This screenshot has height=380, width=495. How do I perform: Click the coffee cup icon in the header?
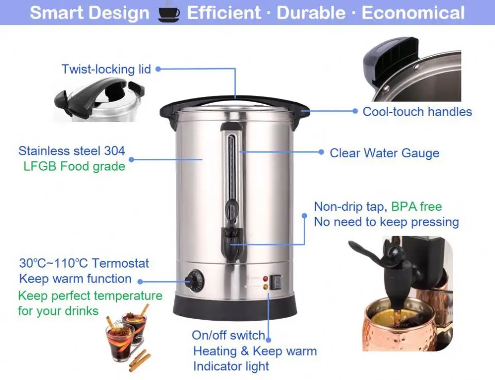pyautogui.click(x=168, y=13)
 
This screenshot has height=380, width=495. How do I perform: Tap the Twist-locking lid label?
pyautogui.click(x=106, y=69)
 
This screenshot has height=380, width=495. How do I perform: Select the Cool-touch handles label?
pyautogui.click(x=417, y=111)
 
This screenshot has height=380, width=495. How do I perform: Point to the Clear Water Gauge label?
pyautogui.click(x=384, y=153)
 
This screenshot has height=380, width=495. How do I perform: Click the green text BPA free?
pyautogui.click(x=416, y=207)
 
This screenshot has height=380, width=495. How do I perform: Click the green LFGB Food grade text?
pyautogui.click(x=74, y=167)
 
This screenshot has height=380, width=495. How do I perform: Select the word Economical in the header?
pyautogui.click(x=413, y=13)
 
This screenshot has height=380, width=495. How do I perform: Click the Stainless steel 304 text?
pyautogui.click(x=72, y=151)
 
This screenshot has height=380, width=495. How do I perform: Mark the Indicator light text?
pyautogui.click(x=231, y=367)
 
